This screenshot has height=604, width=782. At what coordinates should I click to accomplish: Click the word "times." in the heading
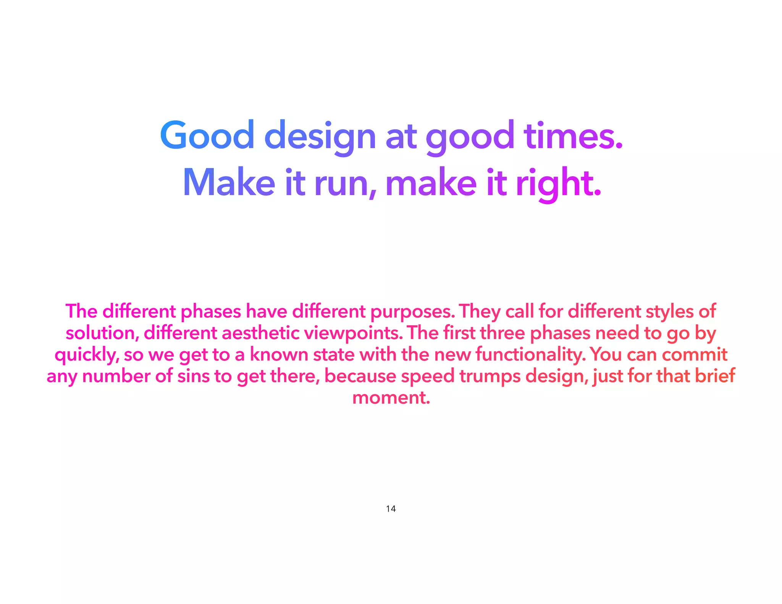573,136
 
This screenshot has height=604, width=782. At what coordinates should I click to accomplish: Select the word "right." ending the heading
559,184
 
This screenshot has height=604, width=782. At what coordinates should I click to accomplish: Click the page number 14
391,509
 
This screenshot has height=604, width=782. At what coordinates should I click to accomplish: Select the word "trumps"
490,376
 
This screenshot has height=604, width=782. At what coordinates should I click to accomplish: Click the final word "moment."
391,398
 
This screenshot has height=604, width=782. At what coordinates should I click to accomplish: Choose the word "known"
279,354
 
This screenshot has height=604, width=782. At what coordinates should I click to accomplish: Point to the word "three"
502,333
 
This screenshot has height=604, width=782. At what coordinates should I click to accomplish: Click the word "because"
360,376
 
